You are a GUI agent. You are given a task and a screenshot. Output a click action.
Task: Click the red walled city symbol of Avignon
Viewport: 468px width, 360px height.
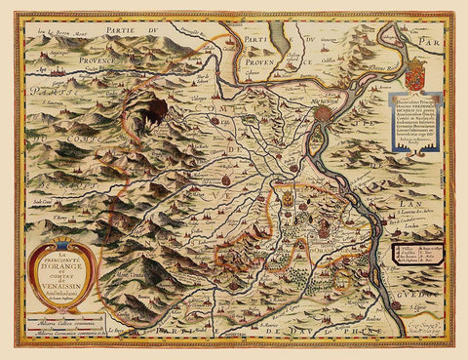coord(324,114)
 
